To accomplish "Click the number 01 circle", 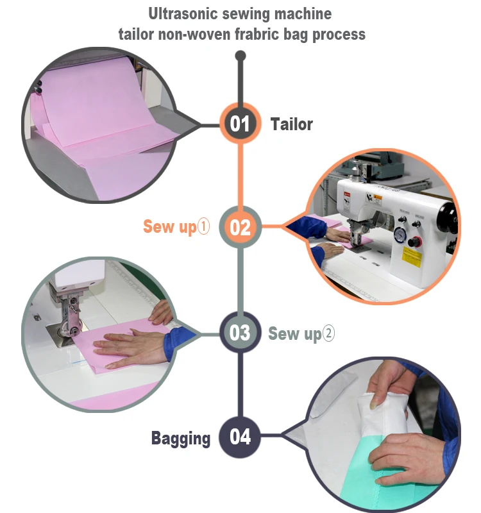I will [x=240, y=123].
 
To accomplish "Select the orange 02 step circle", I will [x=240, y=227].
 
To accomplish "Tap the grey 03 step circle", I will [x=240, y=333].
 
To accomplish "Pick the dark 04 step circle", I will [x=240, y=437].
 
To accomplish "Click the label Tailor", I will [x=292, y=124].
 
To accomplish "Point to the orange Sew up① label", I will [x=176, y=227].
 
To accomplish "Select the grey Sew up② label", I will [x=301, y=333].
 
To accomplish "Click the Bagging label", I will [x=181, y=439].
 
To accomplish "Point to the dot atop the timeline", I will [x=240, y=56].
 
